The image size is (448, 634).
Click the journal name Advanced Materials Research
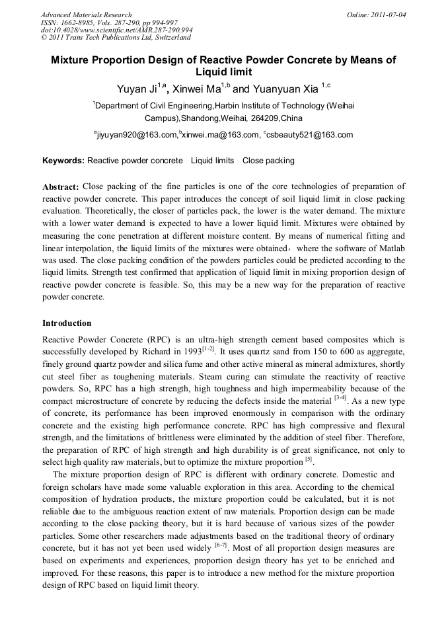click(x=87, y=15)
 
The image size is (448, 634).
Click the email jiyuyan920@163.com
click(x=136, y=135)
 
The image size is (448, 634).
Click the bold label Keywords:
click(x=63, y=161)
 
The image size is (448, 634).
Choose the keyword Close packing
click(x=268, y=161)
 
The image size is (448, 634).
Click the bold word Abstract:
click(x=61, y=187)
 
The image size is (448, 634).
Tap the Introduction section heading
click(x=67, y=323)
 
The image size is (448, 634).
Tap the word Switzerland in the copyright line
click(x=168, y=38)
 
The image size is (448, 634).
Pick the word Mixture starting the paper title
click(x=73, y=60)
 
